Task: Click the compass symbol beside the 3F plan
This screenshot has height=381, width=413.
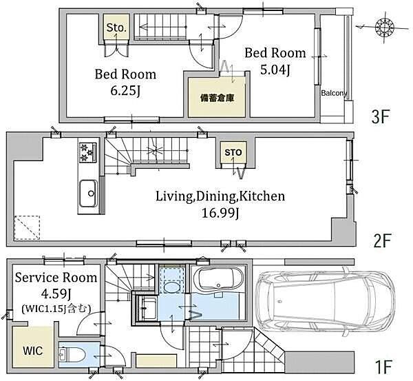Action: (384, 27)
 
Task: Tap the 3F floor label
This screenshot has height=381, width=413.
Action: (380, 117)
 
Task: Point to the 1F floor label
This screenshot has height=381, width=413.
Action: (383, 367)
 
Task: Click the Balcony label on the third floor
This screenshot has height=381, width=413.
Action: (334, 93)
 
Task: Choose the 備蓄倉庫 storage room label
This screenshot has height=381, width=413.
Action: (218, 99)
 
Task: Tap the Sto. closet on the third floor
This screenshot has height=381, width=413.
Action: (116, 28)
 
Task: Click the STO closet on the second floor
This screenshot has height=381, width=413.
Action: (233, 152)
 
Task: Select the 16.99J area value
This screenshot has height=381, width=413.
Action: (220, 213)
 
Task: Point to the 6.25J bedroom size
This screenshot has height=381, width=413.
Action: (125, 91)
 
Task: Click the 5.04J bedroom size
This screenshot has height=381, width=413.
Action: (275, 70)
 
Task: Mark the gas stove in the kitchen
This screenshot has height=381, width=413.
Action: (87, 152)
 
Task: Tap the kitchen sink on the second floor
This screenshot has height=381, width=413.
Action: (89, 194)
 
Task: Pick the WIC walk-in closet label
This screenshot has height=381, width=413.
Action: (32, 351)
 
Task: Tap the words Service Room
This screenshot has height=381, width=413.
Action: (56, 278)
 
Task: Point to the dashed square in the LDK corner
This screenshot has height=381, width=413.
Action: (27, 228)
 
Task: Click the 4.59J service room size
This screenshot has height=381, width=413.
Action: (56, 294)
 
